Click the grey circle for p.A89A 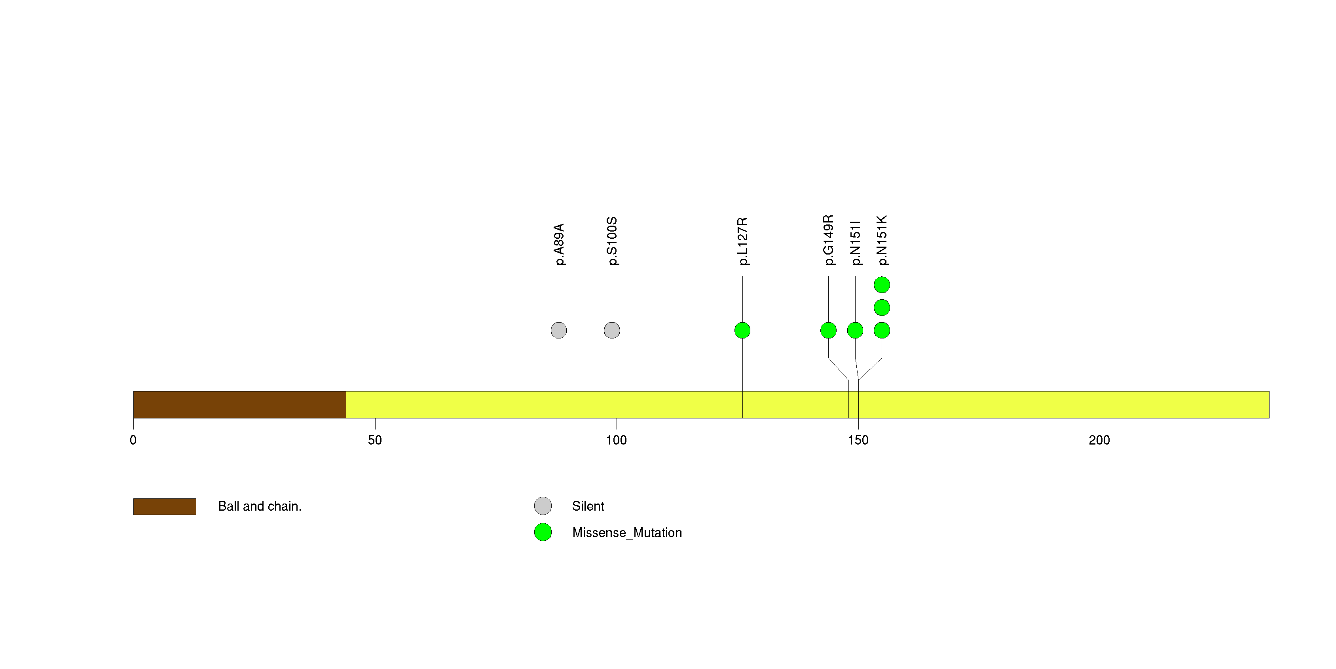tap(558, 331)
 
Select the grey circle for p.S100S tap(612, 331)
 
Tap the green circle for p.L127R tap(742, 331)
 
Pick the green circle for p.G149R tap(828, 331)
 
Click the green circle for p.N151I tap(855, 331)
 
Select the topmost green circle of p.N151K tap(882, 285)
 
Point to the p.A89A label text tap(558, 244)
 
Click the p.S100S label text tap(612, 241)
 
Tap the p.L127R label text tap(743, 241)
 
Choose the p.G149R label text tap(829, 240)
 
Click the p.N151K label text tap(882, 240)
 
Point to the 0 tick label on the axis tap(133, 440)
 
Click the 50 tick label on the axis tap(375, 440)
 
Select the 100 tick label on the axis tap(617, 440)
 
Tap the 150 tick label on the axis tap(858, 440)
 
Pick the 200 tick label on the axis tap(1099, 440)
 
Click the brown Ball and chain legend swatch tap(165, 507)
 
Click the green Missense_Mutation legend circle tap(543, 532)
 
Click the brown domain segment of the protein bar tap(239, 405)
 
